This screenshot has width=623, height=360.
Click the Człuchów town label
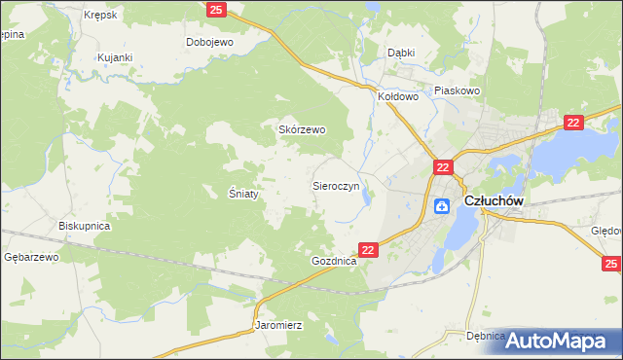coord(495,200)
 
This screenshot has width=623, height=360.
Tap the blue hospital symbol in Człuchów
coord(441,204)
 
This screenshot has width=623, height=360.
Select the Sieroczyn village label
coord(336,185)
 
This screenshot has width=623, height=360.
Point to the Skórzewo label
coord(302,129)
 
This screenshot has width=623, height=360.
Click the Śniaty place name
coord(243,194)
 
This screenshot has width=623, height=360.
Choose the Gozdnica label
coord(334,263)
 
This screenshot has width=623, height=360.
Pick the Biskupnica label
coord(85,226)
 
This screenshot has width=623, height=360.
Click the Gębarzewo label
coord(31,257)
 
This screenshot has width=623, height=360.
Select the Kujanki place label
coord(114,58)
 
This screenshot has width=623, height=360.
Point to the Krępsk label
coord(99,16)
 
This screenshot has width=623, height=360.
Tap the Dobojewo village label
coord(209,43)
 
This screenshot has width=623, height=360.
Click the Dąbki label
coord(401,53)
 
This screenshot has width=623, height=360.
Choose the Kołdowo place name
coord(397,97)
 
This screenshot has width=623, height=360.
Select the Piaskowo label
coord(458,90)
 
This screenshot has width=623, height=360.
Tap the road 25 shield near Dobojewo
coord(217,10)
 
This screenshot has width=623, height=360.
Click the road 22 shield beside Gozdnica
coord(368,250)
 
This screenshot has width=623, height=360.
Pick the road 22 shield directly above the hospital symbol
coord(442,167)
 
